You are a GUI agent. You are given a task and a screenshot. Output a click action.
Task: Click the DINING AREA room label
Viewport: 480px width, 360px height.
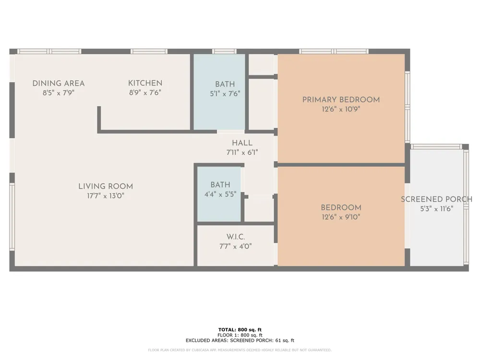(x=59, y=83)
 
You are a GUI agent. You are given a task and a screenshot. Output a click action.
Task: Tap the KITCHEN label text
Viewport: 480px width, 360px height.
(x=145, y=83)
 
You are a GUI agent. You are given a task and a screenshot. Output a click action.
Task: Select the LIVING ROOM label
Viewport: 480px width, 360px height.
(x=106, y=186)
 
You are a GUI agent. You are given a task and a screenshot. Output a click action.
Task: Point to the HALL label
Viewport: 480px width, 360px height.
(x=242, y=143)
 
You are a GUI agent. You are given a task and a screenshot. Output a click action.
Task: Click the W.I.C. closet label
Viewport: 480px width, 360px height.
(x=236, y=237)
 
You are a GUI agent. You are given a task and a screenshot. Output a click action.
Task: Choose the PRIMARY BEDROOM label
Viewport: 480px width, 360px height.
(x=341, y=100)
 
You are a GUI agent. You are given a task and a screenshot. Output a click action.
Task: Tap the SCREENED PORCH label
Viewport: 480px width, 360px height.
(x=436, y=199)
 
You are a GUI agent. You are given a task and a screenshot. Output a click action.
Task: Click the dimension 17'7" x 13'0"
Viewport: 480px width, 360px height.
(x=106, y=196)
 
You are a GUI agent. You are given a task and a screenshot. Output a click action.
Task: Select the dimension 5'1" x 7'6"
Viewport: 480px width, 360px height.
(x=225, y=94)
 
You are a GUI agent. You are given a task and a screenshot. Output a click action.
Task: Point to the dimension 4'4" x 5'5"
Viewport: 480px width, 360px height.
(x=220, y=194)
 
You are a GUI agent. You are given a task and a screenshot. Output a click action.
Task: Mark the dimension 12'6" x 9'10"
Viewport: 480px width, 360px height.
(x=341, y=217)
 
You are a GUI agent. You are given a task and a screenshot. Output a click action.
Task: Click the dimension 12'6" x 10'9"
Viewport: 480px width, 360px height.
(x=341, y=109)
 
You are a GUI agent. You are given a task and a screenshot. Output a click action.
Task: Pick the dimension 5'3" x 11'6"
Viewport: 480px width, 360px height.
(x=437, y=209)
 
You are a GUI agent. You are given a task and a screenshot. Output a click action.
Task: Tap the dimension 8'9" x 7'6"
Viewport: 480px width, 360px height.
(x=145, y=93)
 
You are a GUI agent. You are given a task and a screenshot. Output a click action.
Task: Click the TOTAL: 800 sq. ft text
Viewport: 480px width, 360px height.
(x=240, y=330)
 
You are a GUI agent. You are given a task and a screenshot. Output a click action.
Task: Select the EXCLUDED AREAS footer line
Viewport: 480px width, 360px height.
(x=240, y=340)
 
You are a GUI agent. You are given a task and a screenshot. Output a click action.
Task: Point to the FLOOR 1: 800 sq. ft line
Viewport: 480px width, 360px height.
(x=240, y=335)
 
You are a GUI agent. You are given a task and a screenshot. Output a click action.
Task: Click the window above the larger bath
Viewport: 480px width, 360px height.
(x=224, y=51)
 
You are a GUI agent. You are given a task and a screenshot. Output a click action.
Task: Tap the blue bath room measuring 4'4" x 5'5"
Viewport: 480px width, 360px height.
(x=219, y=194)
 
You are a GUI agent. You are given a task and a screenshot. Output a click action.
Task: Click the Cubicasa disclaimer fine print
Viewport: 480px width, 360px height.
(x=240, y=350)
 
